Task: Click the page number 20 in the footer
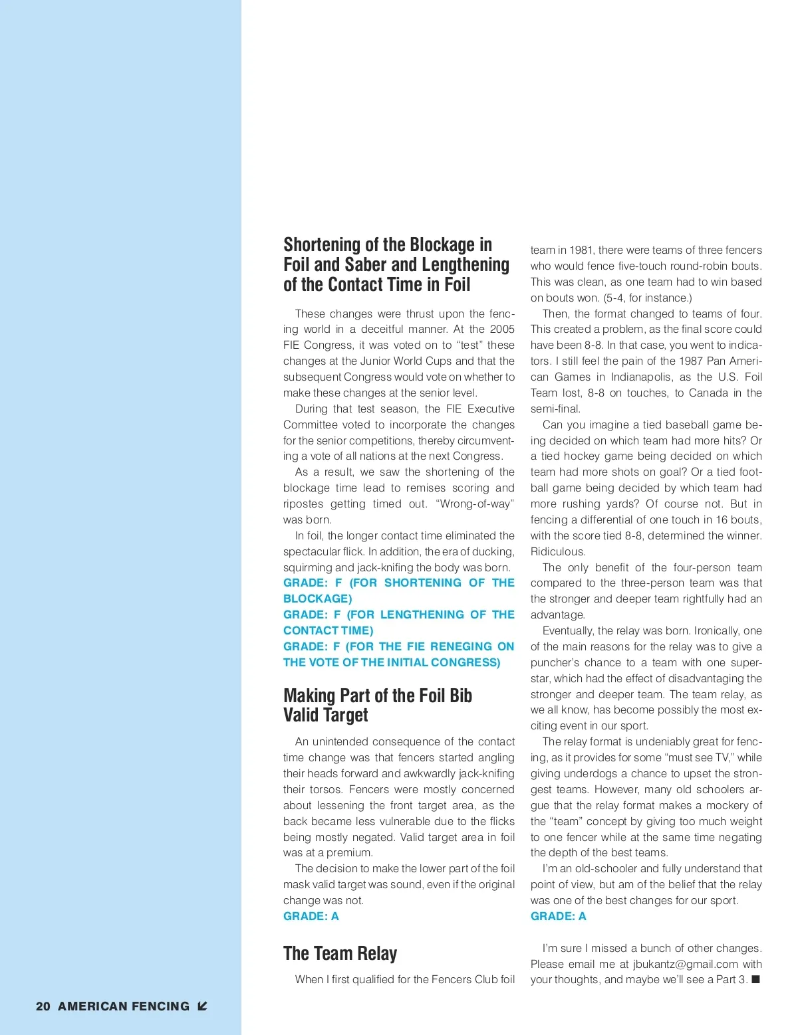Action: tap(43, 1006)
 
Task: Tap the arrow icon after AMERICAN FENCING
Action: tap(203, 1006)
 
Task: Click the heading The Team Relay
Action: tap(340, 953)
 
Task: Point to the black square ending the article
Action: tap(755, 979)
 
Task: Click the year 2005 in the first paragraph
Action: tap(502, 329)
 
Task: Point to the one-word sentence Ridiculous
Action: tap(558, 551)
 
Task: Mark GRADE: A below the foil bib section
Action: tap(311, 916)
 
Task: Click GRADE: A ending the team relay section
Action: tap(559, 916)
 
